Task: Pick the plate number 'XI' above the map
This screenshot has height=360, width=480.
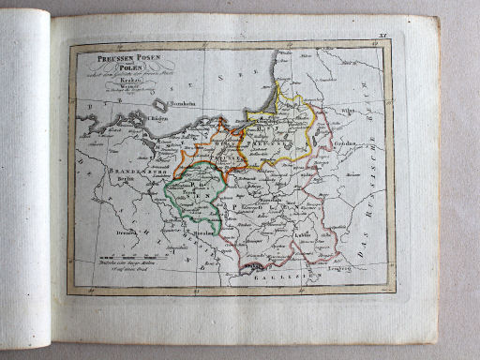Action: click(x=380, y=33)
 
